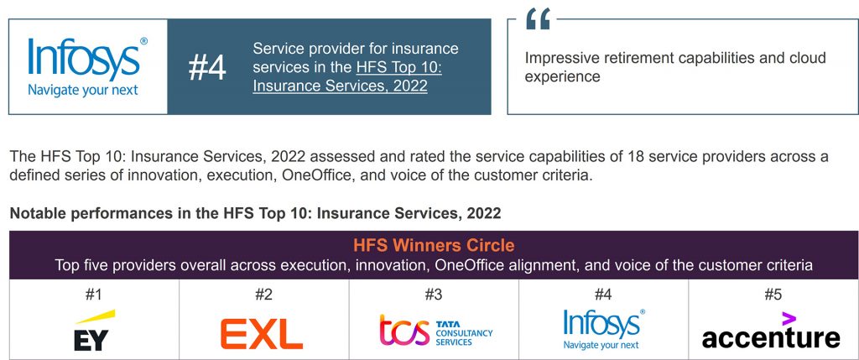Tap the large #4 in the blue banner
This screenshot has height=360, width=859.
pyautogui.click(x=207, y=68)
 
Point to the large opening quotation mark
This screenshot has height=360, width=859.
pyautogui.click(x=538, y=19)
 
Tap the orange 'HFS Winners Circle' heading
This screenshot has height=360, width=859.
pyautogui.click(x=434, y=246)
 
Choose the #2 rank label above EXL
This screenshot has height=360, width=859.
pyautogui.click(x=263, y=295)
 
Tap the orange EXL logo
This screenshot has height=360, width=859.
pyautogui.click(x=262, y=333)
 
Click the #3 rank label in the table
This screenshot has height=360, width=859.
pyautogui.click(x=433, y=295)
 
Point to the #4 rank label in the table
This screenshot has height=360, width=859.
pyautogui.click(x=603, y=295)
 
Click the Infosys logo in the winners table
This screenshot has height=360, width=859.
pyautogui.click(x=603, y=329)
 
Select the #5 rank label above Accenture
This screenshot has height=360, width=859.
pyautogui.click(x=773, y=295)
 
